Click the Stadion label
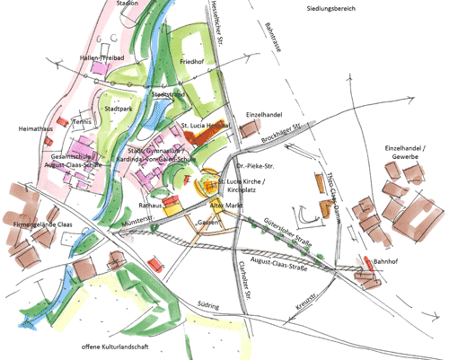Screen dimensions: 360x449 pyautogui.click(x=128, y=4)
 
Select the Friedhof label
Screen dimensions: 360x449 pyautogui.click(x=193, y=62)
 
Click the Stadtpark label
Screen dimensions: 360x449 pyautogui.click(x=122, y=109)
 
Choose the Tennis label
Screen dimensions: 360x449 pyautogui.click(x=83, y=120)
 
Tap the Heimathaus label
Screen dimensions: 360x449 pyautogui.click(x=34, y=129)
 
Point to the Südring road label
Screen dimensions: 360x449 pyautogui.click(x=208, y=305)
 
